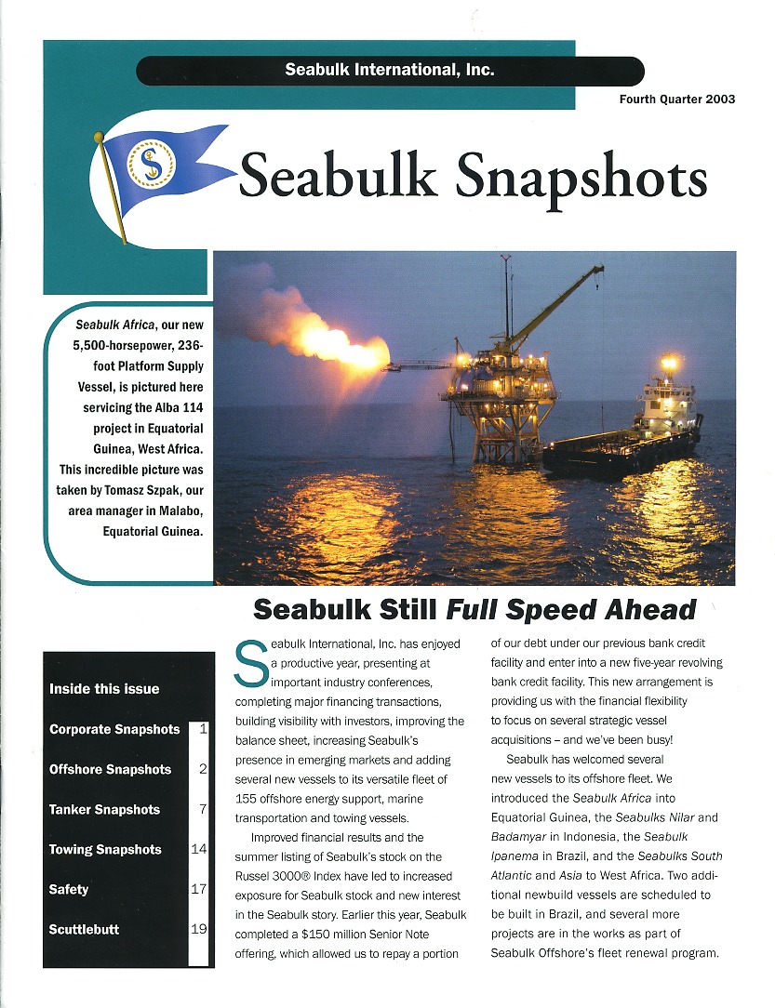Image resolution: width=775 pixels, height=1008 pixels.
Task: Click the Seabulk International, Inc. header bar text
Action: click(x=390, y=71)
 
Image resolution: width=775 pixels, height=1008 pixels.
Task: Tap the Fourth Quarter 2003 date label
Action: click(x=677, y=99)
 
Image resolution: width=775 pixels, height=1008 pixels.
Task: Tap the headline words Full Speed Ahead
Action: click(x=571, y=610)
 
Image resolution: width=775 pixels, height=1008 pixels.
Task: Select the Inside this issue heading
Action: click(x=104, y=689)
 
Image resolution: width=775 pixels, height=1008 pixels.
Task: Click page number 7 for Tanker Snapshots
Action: click(x=202, y=809)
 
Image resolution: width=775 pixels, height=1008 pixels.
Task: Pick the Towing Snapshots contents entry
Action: click(x=105, y=849)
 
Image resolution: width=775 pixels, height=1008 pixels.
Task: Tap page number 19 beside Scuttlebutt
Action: click(x=198, y=929)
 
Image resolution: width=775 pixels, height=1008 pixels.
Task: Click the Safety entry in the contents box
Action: click(x=69, y=889)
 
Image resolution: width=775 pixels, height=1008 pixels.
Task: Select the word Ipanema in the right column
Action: click(x=516, y=855)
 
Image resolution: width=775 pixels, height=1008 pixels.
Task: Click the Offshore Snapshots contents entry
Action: click(x=110, y=769)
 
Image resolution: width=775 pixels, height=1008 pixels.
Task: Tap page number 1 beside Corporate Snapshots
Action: click(x=202, y=729)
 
